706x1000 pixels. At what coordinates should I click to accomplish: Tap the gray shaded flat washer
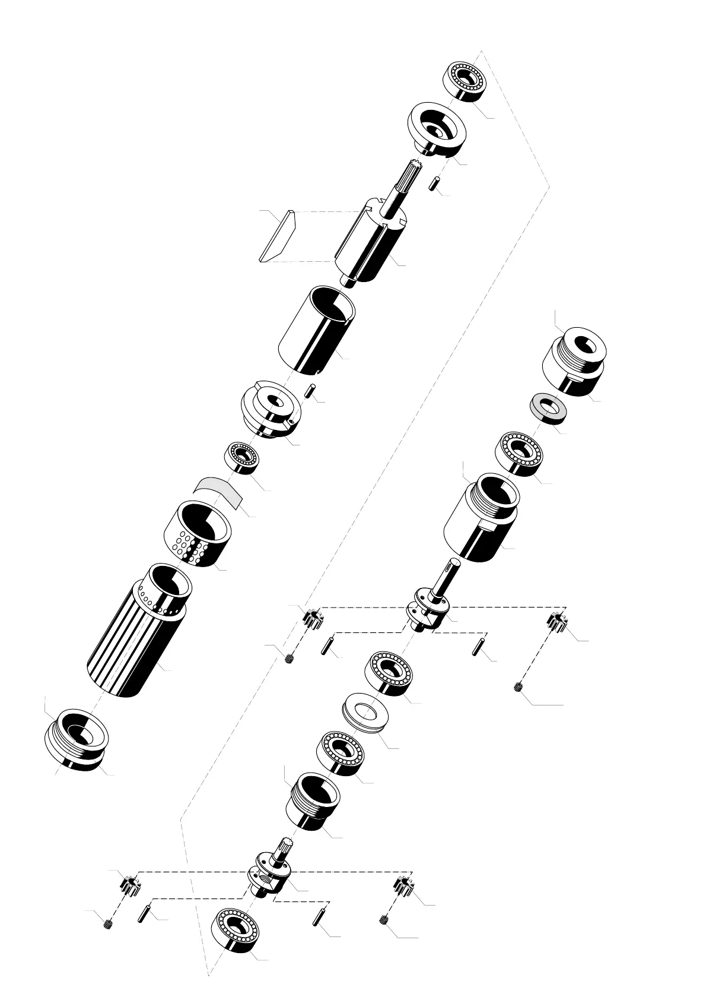tap(548, 407)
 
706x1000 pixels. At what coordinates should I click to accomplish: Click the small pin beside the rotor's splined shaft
tap(434, 182)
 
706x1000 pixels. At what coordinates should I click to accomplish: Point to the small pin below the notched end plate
tap(309, 391)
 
